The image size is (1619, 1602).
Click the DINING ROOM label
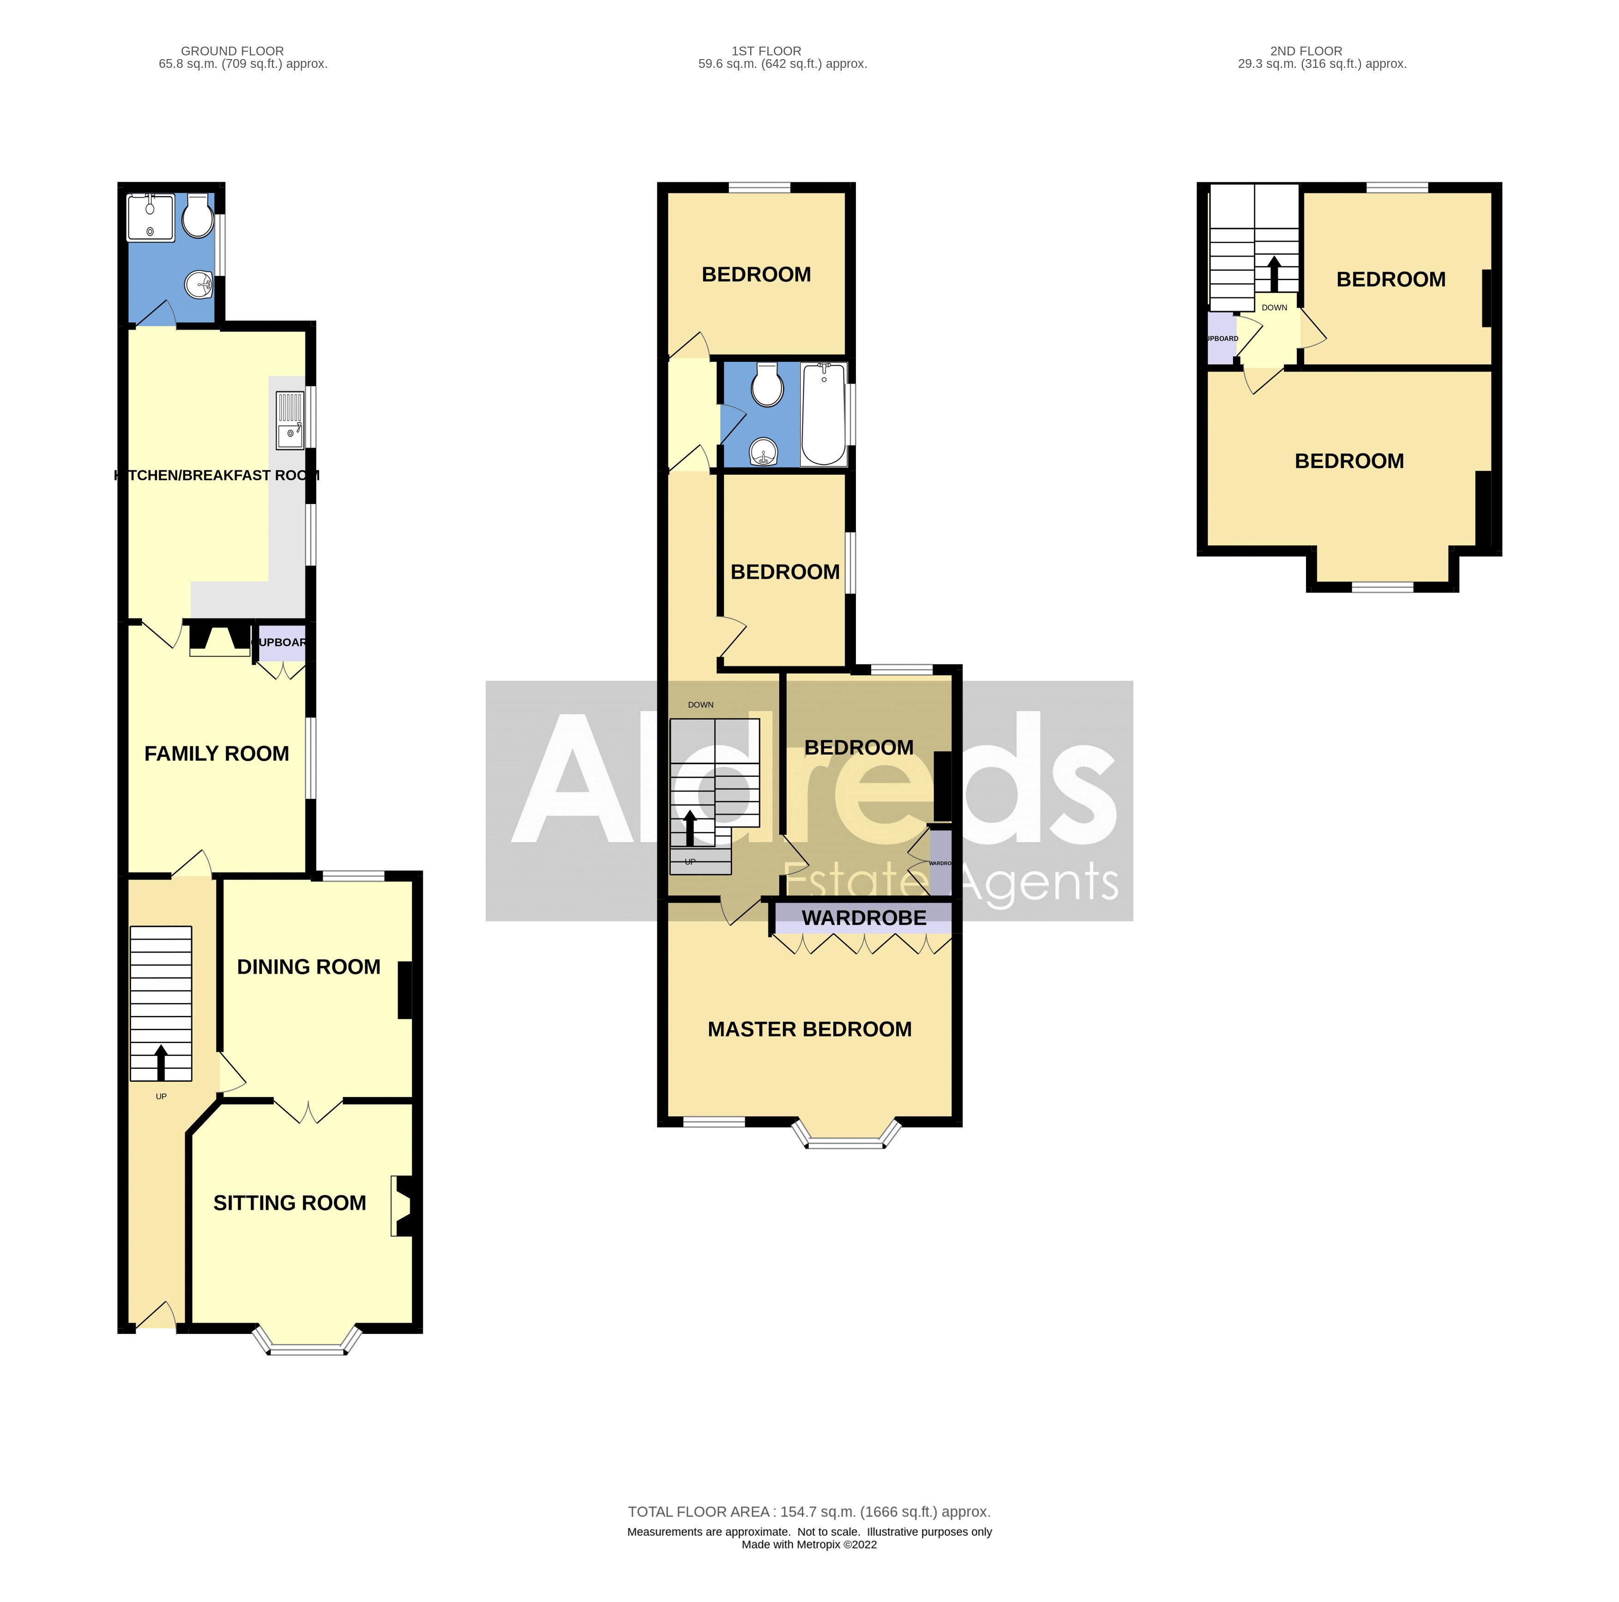(x=308, y=967)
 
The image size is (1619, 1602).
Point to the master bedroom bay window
(x=847, y=1137)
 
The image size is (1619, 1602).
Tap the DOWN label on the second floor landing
(x=1274, y=307)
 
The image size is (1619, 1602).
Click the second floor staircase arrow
(x=1274, y=273)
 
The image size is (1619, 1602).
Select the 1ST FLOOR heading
(x=766, y=51)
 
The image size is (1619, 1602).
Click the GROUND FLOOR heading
(x=232, y=51)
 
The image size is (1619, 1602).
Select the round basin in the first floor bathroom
(x=764, y=452)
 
